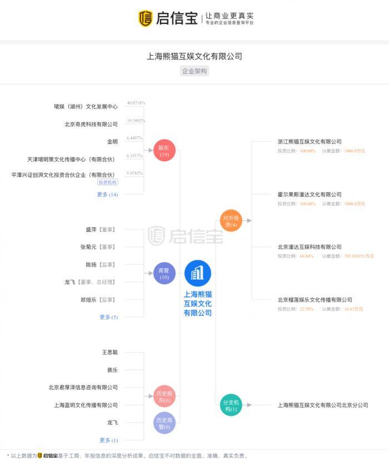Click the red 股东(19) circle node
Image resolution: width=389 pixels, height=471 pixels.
[163, 151]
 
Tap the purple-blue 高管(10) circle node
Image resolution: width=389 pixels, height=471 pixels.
[163, 273]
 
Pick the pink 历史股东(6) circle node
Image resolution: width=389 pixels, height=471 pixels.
[163, 396]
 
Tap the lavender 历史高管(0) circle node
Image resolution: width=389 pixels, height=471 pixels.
[163, 423]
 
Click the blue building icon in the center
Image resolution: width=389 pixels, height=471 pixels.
[197, 273]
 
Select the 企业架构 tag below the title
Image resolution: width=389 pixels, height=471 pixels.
[194, 71]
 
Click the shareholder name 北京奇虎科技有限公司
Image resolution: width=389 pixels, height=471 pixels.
[91, 125]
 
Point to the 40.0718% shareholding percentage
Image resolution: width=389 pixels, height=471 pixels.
[136, 103]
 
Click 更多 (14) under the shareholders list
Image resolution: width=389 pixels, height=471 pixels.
[107, 195]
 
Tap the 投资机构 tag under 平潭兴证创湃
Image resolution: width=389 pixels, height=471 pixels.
[108, 182]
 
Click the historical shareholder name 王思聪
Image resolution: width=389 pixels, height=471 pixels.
[109, 352]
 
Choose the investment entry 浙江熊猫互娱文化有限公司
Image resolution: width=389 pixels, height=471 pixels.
[310, 142]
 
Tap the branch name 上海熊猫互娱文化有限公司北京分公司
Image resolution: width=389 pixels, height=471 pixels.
[323, 405]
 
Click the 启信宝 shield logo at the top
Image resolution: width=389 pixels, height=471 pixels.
[145, 18]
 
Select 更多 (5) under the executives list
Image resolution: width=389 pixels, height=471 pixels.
[108, 317]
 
